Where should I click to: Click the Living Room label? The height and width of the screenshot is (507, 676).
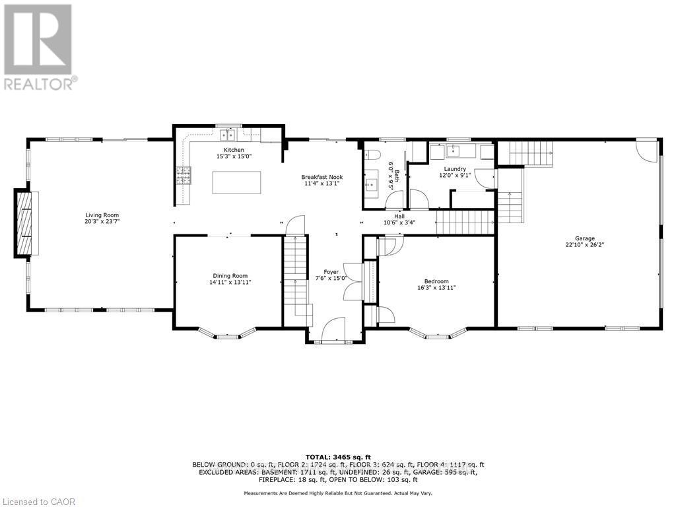point(102,215)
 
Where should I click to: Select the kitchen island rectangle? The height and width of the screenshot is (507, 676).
point(236,182)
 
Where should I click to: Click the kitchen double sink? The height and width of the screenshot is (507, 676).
point(228,135)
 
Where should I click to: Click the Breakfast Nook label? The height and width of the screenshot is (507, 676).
point(321,177)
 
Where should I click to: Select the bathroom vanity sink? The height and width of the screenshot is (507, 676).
point(370,184)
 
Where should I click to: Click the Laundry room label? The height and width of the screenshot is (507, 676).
point(455,169)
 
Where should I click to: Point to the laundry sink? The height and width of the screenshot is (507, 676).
point(453,151)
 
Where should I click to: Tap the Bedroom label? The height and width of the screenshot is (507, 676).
point(436,281)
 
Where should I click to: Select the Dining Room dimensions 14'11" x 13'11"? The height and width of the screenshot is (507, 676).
point(230,283)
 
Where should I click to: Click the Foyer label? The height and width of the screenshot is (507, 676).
point(331,272)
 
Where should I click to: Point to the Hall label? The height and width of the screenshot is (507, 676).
point(399,216)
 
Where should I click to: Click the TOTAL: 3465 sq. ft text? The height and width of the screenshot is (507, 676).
point(338,457)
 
